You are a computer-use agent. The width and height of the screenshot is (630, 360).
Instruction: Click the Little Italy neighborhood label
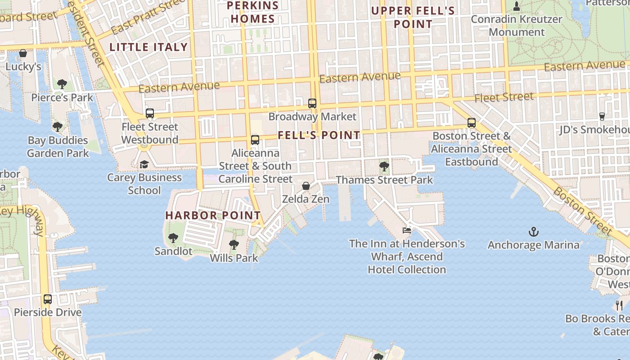[148, 47]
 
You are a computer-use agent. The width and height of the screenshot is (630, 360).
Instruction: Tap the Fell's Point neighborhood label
[319, 135]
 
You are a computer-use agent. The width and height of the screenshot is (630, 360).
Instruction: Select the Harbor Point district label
[213, 215]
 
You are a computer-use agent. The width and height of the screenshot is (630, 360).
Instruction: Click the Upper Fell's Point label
[413, 17]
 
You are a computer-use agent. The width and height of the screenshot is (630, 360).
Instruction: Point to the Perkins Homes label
[253, 12]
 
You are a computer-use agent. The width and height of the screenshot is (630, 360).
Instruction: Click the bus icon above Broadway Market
[312, 103]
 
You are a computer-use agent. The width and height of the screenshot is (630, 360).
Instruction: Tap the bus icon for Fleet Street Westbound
[150, 113]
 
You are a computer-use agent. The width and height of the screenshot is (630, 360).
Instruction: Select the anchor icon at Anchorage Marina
[533, 232]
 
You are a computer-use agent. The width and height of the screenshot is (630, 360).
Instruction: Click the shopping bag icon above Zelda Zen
[306, 186]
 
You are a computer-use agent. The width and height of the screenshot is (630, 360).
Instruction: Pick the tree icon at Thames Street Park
[384, 167]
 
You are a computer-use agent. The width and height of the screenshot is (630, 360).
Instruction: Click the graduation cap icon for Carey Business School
[144, 164]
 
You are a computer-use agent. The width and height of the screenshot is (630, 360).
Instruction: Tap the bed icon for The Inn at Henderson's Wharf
[407, 230]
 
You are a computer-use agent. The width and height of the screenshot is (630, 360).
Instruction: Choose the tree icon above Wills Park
[234, 245]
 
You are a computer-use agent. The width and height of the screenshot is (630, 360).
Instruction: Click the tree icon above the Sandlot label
[173, 238]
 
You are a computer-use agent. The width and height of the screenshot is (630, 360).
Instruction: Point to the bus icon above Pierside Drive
[48, 299]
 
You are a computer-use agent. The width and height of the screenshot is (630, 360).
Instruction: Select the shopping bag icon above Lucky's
[23, 54]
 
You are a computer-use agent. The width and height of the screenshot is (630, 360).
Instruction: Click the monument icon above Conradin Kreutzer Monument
[517, 6]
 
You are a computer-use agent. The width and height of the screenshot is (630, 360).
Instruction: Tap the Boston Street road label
[583, 211]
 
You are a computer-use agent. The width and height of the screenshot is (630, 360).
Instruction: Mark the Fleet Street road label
[504, 97]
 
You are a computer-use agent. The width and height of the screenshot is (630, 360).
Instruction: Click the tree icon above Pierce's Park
[62, 84]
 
